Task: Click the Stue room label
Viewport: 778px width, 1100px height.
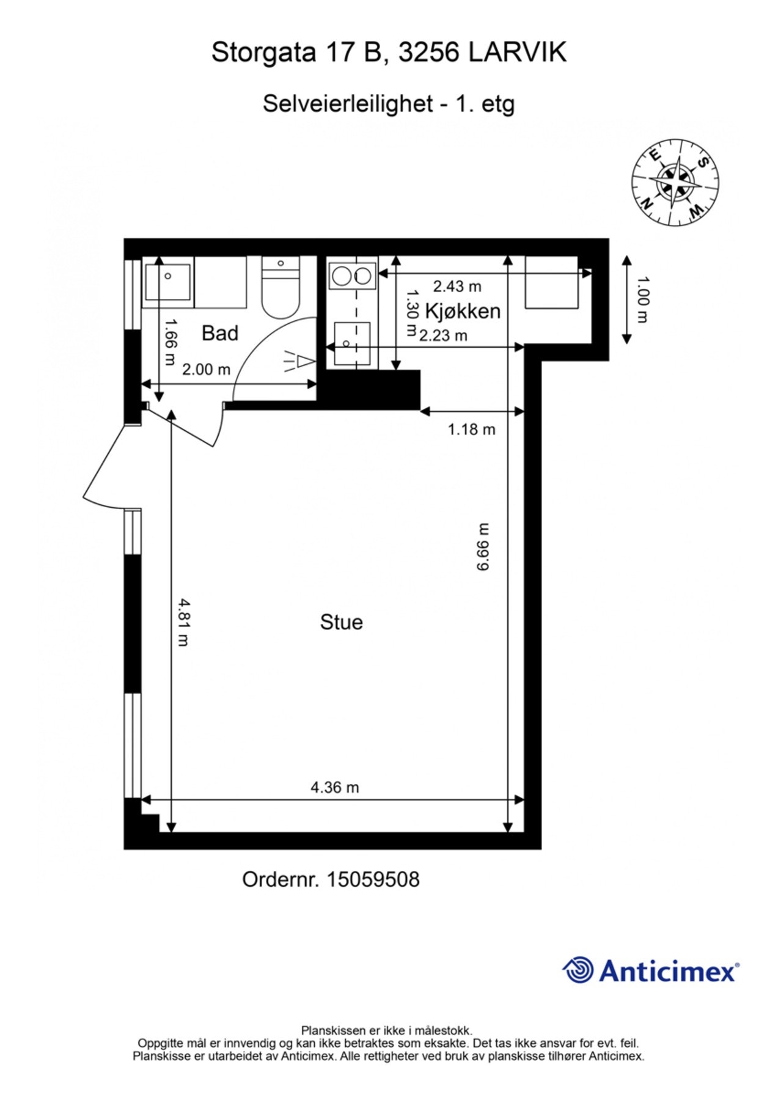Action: tap(341, 622)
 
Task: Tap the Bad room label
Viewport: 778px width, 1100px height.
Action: tap(219, 333)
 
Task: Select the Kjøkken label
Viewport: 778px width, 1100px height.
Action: tap(463, 311)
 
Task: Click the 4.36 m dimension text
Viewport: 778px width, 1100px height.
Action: tap(334, 787)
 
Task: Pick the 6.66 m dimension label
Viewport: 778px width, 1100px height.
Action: tap(483, 547)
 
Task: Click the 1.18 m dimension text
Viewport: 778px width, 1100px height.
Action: tap(471, 429)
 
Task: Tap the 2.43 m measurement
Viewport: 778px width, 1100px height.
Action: tap(457, 285)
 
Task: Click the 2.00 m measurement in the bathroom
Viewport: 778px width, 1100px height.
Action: tap(206, 369)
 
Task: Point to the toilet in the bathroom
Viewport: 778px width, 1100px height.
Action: tap(281, 287)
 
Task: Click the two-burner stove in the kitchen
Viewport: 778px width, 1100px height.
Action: tap(351, 276)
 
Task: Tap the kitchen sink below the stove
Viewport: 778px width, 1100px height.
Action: tap(352, 343)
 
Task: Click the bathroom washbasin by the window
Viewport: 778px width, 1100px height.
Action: tap(167, 281)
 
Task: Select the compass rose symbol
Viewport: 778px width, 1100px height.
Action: tap(674, 182)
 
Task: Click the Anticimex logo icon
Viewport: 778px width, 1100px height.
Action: tap(578, 970)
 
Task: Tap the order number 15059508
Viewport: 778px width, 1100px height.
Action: tap(373, 880)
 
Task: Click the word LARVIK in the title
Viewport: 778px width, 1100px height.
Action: tap(517, 53)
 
